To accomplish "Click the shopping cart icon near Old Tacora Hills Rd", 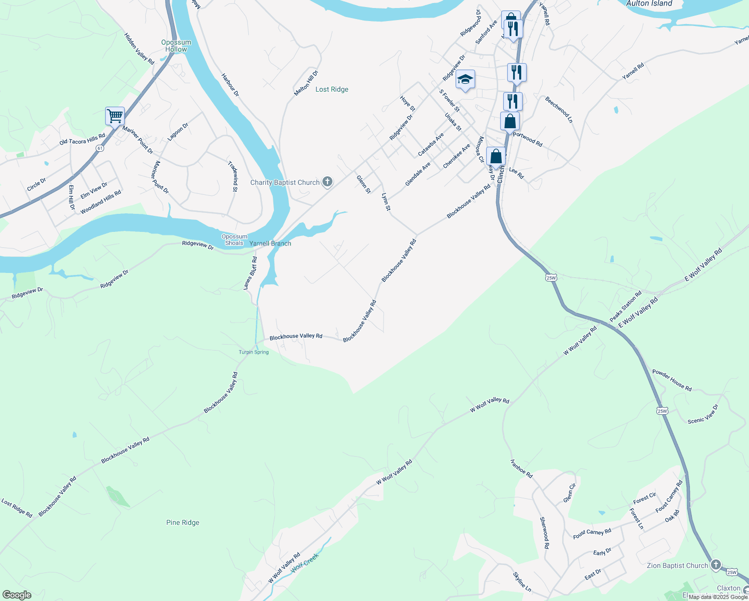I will click(115, 116).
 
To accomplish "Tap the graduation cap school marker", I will click(465, 80).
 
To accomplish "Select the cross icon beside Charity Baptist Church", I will click(327, 182).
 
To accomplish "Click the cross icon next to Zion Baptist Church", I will click(716, 565).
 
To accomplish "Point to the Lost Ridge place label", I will click(331, 89).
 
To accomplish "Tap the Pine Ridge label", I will click(183, 522).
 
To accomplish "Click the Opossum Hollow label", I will click(176, 46).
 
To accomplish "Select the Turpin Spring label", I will click(253, 352).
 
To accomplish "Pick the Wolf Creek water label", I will click(305, 562).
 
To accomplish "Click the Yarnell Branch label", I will click(270, 243).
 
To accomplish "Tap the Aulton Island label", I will click(649, 4).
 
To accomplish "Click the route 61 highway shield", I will click(101, 149).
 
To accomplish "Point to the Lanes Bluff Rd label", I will click(250, 273).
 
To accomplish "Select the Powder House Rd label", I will click(672, 380).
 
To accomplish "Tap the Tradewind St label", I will click(232, 176).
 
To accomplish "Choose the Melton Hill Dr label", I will click(306, 83).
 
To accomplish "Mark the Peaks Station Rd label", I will click(625, 307).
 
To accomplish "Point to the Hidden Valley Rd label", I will click(139, 49).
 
